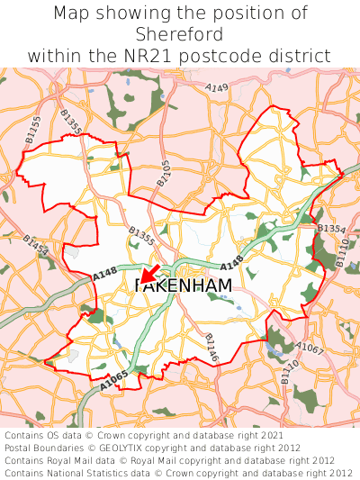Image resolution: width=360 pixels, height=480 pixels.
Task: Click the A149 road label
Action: (x=217, y=88)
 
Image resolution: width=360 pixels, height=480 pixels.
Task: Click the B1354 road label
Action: (x=331, y=230)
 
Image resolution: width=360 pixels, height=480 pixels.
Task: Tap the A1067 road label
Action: (x=309, y=349)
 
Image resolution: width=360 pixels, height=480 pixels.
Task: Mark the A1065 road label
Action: (x=114, y=381)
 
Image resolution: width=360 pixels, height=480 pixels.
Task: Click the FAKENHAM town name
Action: (x=183, y=285)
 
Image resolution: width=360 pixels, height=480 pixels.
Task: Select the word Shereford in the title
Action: (x=179, y=34)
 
